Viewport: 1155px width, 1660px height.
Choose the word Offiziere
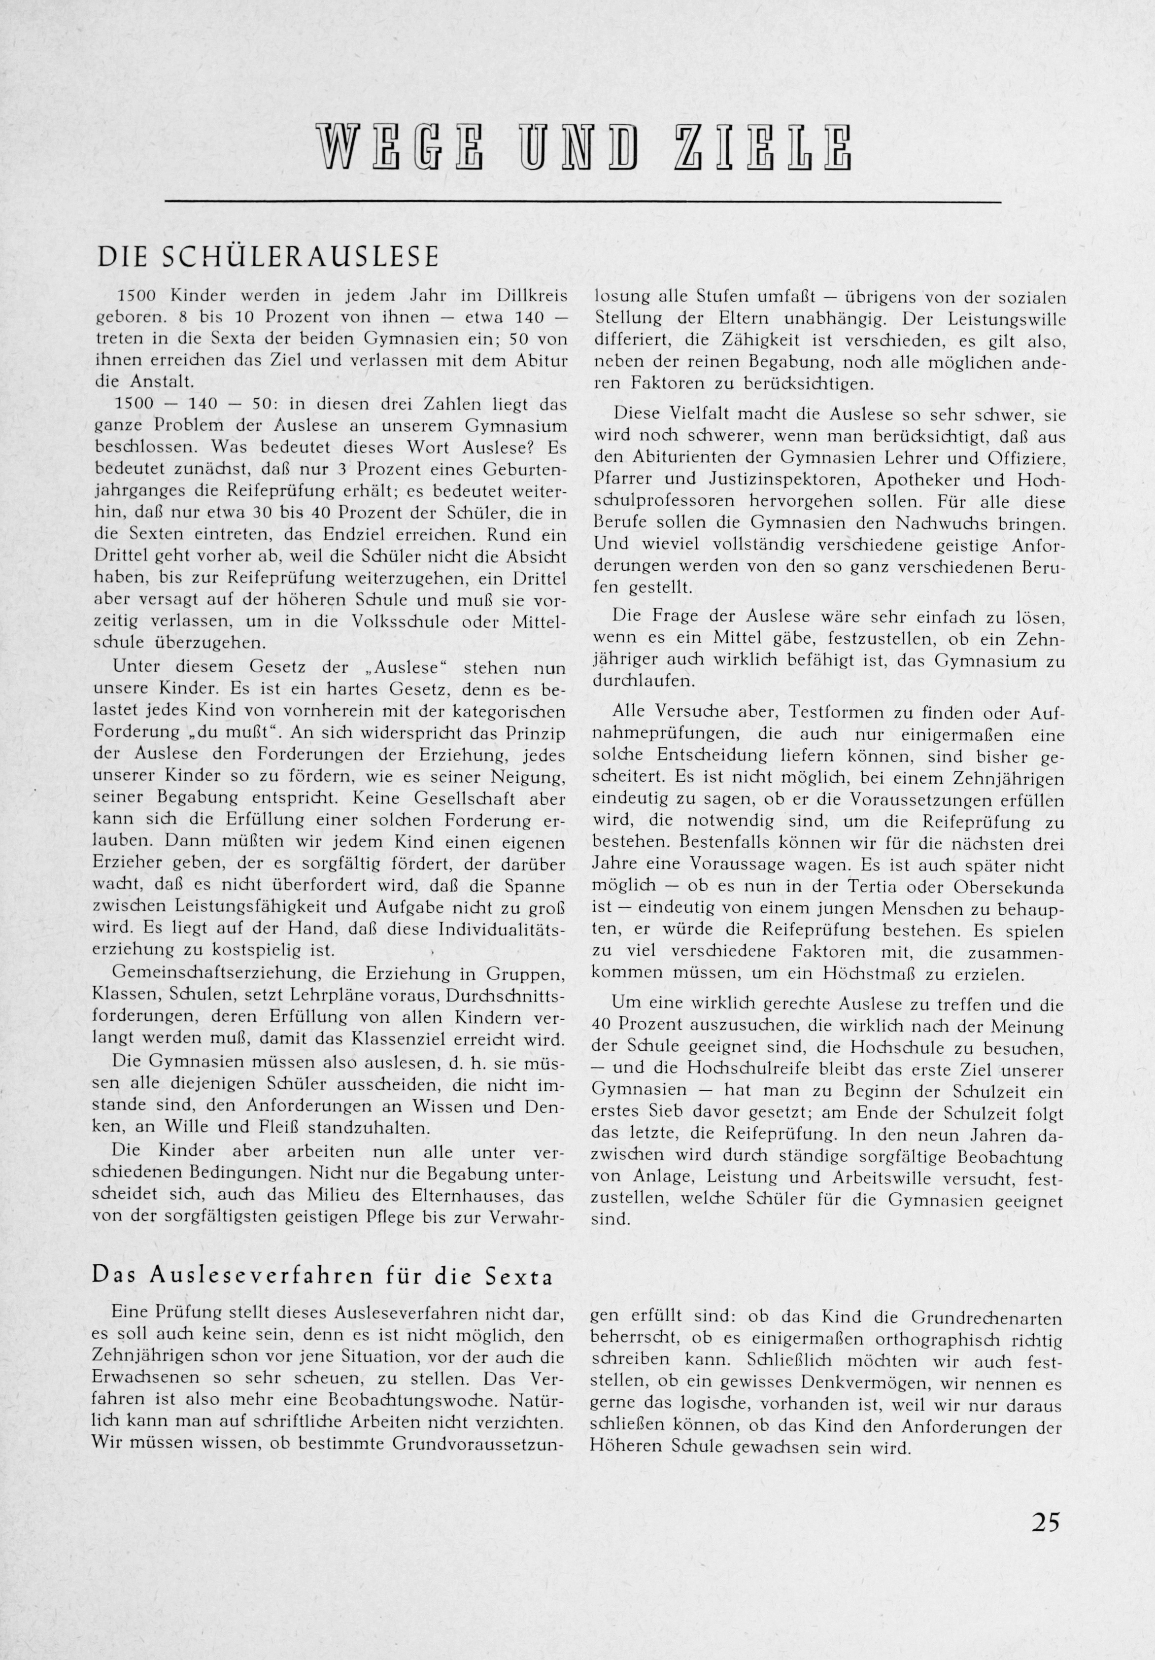tap(1023, 458)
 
